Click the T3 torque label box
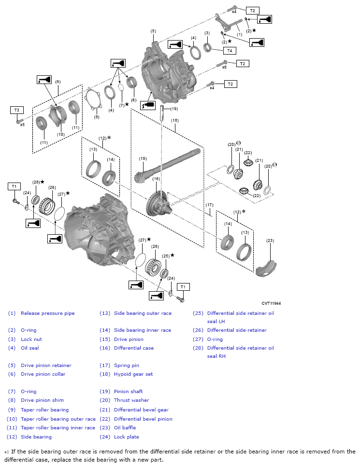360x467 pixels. [16, 110]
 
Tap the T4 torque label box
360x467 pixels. [229, 50]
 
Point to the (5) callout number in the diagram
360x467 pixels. [153, 31]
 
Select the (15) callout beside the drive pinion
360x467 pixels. [143, 158]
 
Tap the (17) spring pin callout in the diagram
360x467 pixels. [209, 205]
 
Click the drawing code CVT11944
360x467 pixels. [271, 303]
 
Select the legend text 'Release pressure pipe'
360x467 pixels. [47, 313]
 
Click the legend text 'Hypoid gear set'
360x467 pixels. [133, 374]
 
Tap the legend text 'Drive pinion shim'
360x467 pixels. [42, 400]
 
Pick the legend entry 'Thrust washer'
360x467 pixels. [131, 400]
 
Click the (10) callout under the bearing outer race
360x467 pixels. [60, 134]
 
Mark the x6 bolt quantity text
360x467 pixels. [224, 68]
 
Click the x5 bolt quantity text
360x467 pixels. [22, 125]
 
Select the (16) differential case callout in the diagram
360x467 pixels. [156, 179]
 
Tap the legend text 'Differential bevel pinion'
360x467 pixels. [143, 419]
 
